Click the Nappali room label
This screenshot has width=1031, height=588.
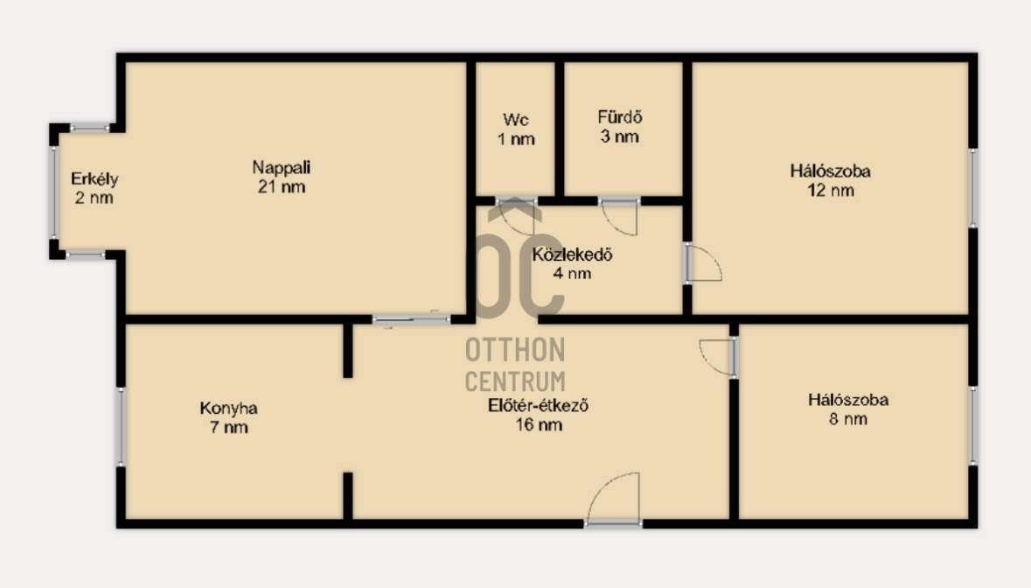click(282, 177)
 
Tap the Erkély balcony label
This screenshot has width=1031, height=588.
click(94, 188)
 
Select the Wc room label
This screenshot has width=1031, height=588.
click(516, 129)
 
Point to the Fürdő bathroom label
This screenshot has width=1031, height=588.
click(619, 127)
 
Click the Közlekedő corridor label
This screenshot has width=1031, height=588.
click(572, 263)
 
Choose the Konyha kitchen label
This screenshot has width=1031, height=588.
click(229, 417)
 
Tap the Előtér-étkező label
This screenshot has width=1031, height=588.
click(539, 415)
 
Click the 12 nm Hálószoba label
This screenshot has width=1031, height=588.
click(831, 181)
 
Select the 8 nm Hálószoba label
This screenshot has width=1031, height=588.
click(848, 409)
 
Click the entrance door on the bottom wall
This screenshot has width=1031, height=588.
click(614, 500)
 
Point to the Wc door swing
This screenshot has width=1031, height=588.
click(516, 215)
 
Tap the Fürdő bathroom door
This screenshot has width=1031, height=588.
click(619, 216)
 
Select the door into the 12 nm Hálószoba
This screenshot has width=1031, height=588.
click(703, 263)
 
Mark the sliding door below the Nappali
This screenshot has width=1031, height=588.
click(412, 319)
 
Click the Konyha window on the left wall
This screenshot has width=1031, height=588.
click(121, 427)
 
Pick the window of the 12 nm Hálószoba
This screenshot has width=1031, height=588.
click(973, 188)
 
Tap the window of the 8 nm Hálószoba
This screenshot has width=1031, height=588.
click(973, 425)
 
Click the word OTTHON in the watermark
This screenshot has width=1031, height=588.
click(516, 350)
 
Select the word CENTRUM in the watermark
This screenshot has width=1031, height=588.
click(516, 381)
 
